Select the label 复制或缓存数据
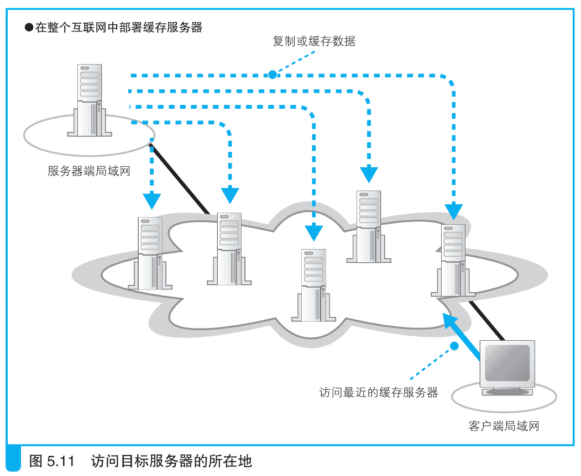(x=314, y=41)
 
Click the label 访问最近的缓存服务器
(x=379, y=393)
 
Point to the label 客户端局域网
(x=503, y=426)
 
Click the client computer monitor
(x=507, y=367)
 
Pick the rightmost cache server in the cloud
(x=453, y=260)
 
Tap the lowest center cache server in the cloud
(x=313, y=285)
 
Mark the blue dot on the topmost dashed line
(x=272, y=75)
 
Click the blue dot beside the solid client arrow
(x=454, y=346)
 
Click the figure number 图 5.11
(x=51, y=461)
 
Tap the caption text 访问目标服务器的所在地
(x=171, y=461)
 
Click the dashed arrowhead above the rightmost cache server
(x=454, y=210)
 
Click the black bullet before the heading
(x=29, y=27)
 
